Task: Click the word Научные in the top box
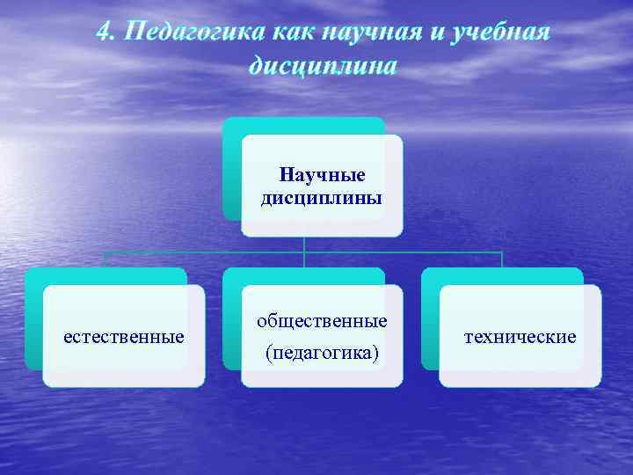pyautogui.click(x=322, y=175)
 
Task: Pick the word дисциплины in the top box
pyautogui.click(x=322, y=197)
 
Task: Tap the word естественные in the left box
pyautogui.click(x=124, y=336)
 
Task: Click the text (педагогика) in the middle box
pyautogui.click(x=322, y=353)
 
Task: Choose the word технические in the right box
pyautogui.click(x=520, y=336)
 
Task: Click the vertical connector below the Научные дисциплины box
pyautogui.click(x=304, y=245)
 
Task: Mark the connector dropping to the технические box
pyautogui.click(x=502, y=259)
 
